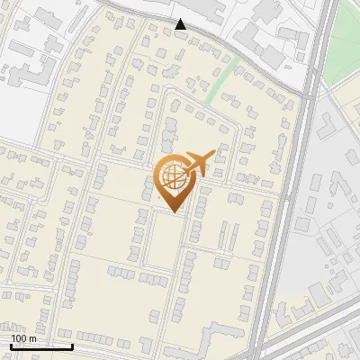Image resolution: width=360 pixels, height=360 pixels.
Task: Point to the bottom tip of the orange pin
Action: point(173,212)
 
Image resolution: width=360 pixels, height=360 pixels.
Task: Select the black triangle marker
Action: point(181,24)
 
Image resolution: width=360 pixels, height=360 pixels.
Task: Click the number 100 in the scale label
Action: point(19,338)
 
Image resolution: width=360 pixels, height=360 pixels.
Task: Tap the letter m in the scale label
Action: point(32,338)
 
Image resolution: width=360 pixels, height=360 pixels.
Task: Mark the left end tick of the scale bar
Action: point(10,346)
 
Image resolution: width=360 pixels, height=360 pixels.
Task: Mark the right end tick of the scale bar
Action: point(72,346)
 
